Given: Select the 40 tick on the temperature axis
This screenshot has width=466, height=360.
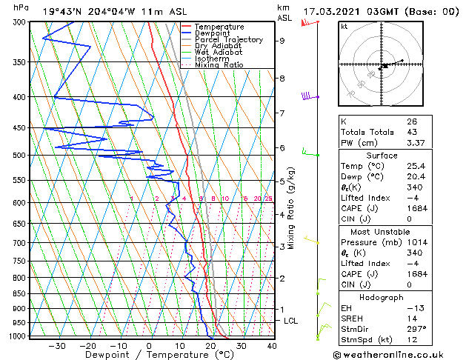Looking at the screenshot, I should coord(272,346).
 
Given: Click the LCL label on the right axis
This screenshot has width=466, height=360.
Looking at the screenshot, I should coord(291,321).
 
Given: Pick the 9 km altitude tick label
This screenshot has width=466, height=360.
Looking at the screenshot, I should coord(282,41).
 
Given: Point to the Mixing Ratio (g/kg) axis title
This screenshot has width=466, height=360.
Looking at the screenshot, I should coord(292,208).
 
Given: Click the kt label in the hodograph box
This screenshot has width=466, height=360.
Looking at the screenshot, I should coord(344,26).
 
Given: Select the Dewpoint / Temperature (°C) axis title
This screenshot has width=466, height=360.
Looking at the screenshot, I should coord(150,356).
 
